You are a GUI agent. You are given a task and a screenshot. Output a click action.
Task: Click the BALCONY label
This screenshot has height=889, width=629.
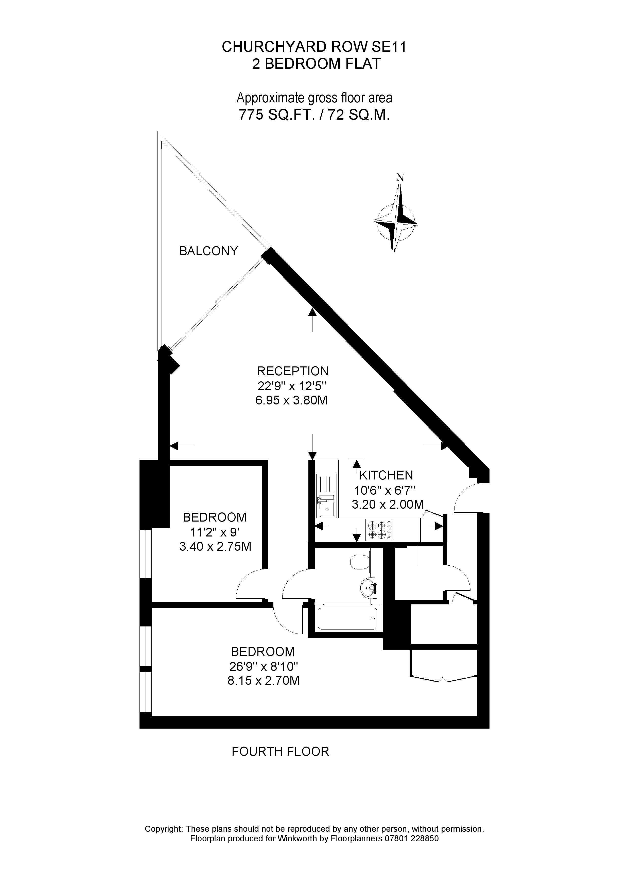tap(208, 251)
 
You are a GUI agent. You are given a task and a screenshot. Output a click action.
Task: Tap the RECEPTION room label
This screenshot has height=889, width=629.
tap(293, 371)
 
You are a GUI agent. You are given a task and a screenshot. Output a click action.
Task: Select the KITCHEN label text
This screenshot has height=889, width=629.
tap(386, 475)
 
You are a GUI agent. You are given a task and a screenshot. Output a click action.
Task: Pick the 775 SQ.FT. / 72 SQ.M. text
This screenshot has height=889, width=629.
tap(314, 115)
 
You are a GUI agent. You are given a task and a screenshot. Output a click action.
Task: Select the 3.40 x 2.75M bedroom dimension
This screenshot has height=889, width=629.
tap(215, 547)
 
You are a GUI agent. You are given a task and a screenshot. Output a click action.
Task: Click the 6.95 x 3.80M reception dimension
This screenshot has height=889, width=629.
tap(291, 400)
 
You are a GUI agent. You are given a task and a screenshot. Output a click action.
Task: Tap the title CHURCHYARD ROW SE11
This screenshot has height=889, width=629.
tap(314, 47)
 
